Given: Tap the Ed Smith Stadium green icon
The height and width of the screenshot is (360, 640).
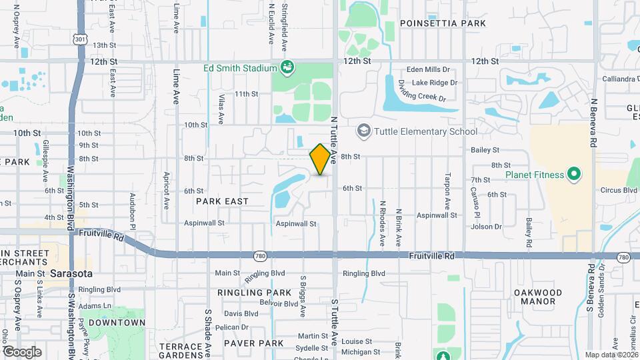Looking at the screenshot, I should point(287,67).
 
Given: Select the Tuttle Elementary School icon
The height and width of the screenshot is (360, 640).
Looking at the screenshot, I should point(364,131).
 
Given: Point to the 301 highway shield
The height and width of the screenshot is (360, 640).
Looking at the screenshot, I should point(80,39).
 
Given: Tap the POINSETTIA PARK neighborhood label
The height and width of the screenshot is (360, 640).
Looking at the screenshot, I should point(443,23).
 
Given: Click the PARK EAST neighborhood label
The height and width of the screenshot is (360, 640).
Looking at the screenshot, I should point(222,201).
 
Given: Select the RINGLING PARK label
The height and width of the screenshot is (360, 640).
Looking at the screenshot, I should point(254,293).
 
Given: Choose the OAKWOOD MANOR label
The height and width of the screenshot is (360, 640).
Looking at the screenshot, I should point(538,297).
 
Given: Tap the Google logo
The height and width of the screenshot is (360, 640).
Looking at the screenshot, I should point(21,351).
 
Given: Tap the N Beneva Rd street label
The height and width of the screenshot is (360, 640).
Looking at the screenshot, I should point(592,124).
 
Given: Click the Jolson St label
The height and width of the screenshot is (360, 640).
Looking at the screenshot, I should point(487,227).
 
